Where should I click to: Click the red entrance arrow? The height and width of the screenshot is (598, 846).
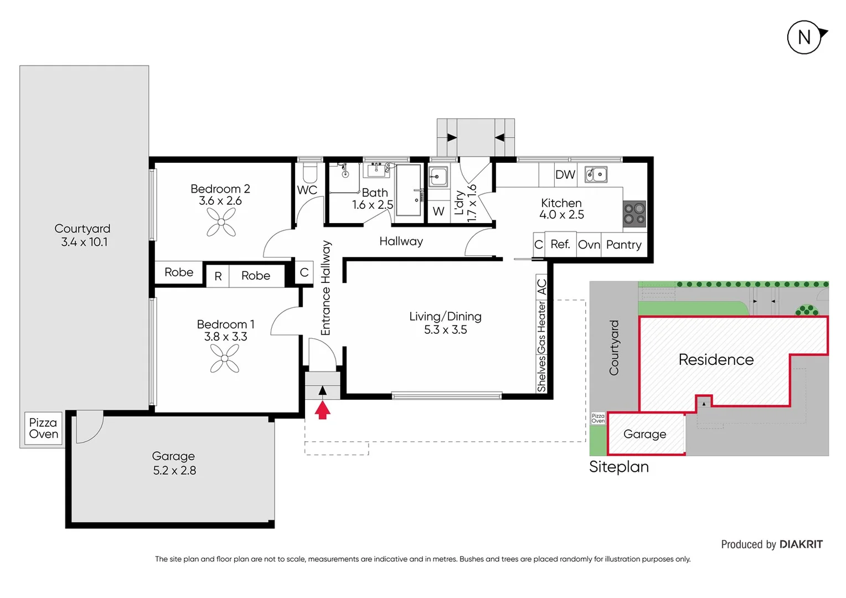point(323,410)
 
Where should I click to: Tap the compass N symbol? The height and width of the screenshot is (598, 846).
point(804,37)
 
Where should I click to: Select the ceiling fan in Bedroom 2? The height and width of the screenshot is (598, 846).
point(221,222)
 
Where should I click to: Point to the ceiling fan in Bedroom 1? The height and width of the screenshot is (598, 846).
point(225,358)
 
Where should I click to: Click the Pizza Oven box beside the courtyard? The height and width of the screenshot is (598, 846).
point(43,429)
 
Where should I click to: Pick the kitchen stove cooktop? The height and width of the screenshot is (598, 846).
point(634,214)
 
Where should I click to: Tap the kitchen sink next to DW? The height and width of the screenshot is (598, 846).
point(596,174)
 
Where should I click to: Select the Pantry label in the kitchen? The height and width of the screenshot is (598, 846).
point(623,245)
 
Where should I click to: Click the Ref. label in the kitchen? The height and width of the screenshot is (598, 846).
point(560,244)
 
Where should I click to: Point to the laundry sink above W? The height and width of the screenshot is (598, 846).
point(439,177)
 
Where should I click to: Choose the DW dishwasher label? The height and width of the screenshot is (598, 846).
point(565,175)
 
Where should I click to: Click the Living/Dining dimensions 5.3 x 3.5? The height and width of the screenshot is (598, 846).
point(445,330)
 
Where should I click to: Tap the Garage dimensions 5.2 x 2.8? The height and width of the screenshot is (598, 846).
point(174,471)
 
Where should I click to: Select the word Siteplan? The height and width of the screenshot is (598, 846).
point(618,467)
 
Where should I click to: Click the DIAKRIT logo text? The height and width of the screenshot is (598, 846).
point(801,544)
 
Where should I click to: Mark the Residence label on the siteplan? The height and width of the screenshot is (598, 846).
point(716,360)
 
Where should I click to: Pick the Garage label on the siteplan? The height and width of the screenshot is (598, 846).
point(644,434)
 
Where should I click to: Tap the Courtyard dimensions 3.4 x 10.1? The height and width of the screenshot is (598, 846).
point(84,242)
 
